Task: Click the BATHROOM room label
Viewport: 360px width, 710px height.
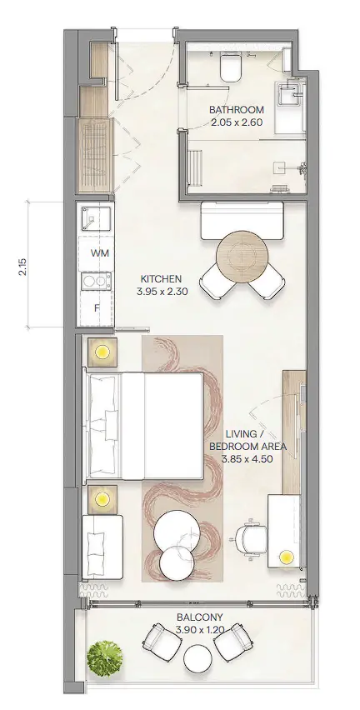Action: [237, 110]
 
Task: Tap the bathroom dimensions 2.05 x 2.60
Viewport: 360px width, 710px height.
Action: [237, 122]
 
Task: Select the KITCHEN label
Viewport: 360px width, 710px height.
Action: [161, 279]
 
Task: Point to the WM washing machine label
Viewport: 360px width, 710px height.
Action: [100, 253]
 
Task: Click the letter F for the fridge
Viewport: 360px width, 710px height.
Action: [97, 308]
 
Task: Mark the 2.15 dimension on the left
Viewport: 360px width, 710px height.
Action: [23, 267]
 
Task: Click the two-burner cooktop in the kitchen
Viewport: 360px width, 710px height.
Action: [96, 282]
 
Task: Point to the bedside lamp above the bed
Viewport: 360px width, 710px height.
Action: [102, 352]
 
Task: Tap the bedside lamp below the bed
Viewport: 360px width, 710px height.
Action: [102, 499]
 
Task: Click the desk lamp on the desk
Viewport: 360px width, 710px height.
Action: [286, 556]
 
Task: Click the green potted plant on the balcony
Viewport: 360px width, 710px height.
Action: [105, 658]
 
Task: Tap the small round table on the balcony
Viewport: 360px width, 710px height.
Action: [197, 659]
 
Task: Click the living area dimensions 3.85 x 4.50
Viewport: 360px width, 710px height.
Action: [247, 458]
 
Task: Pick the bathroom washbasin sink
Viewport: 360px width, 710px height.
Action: [289, 95]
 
